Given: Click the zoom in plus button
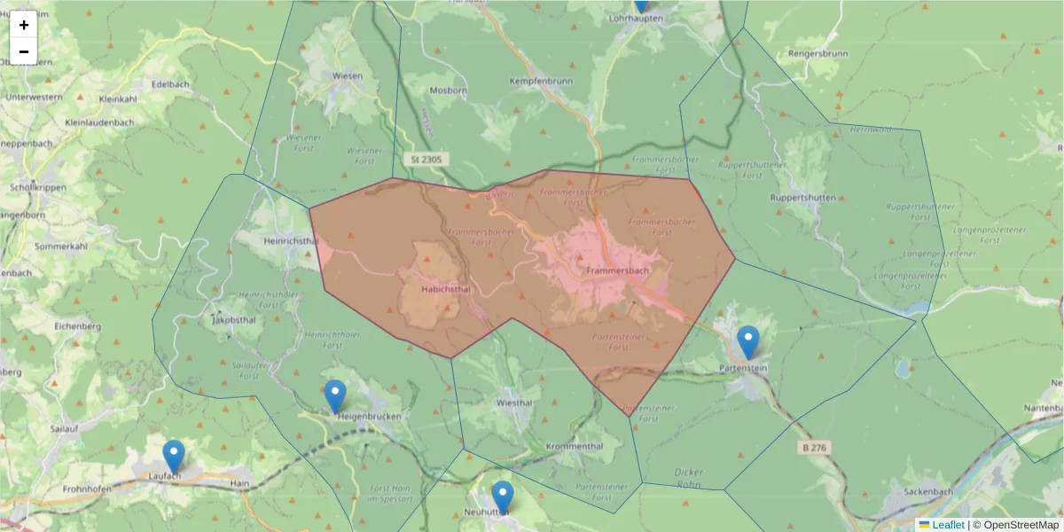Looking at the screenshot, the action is [x=24, y=25].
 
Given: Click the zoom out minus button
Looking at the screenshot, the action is [x=24, y=51].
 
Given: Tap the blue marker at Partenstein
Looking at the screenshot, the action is [x=748, y=342].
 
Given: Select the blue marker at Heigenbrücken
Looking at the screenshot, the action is [x=335, y=396].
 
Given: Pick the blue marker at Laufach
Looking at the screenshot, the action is [x=174, y=457].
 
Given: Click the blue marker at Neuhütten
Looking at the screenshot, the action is [x=503, y=497].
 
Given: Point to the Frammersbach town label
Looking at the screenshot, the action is [x=618, y=270].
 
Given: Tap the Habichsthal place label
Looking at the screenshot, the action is [x=433, y=289].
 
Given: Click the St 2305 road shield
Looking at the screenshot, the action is [x=426, y=160].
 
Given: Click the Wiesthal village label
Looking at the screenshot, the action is [x=515, y=402].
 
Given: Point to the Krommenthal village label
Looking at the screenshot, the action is [x=575, y=446].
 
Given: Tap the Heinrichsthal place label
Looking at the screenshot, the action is [x=291, y=240].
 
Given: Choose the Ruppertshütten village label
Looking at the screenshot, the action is [x=803, y=197].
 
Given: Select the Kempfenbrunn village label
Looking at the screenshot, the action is [x=541, y=81].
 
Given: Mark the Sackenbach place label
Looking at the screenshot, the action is [x=927, y=491].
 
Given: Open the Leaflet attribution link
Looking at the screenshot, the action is [x=947, y=525].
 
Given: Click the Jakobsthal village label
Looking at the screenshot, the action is [x=234, y=321].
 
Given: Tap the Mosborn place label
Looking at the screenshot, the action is [x=447, y=90].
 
